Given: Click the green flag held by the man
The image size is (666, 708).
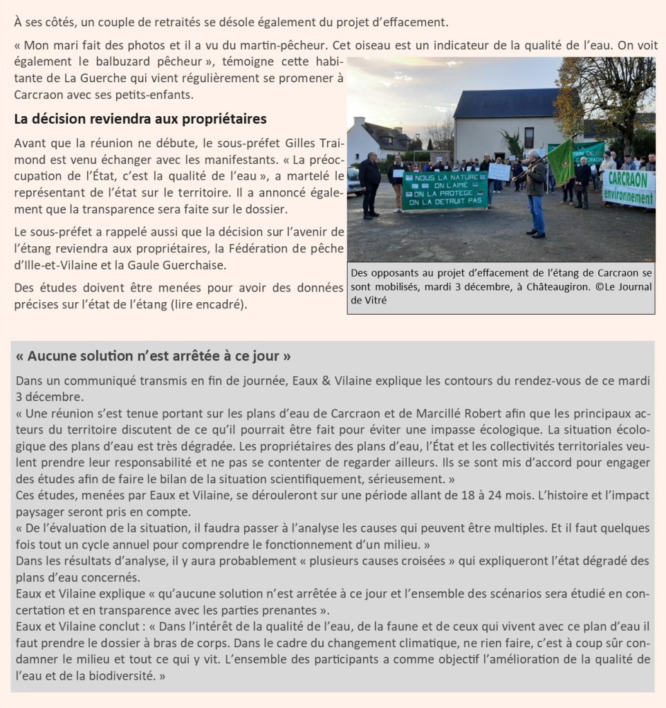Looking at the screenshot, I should click(562, 162).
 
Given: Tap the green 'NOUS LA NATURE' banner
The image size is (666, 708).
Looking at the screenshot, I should click(445, 190).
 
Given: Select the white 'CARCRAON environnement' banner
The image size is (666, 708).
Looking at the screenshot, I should click(629, 187).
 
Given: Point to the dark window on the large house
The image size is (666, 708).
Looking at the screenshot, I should click(529, 138).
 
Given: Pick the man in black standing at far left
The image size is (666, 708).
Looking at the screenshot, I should click(370, 185).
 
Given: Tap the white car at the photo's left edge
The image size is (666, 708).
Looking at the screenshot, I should click(351, 181).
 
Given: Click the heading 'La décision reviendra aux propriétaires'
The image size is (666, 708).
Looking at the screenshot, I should click(140, 119).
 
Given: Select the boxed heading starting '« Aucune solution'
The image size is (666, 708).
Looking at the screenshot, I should click(153, 357).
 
